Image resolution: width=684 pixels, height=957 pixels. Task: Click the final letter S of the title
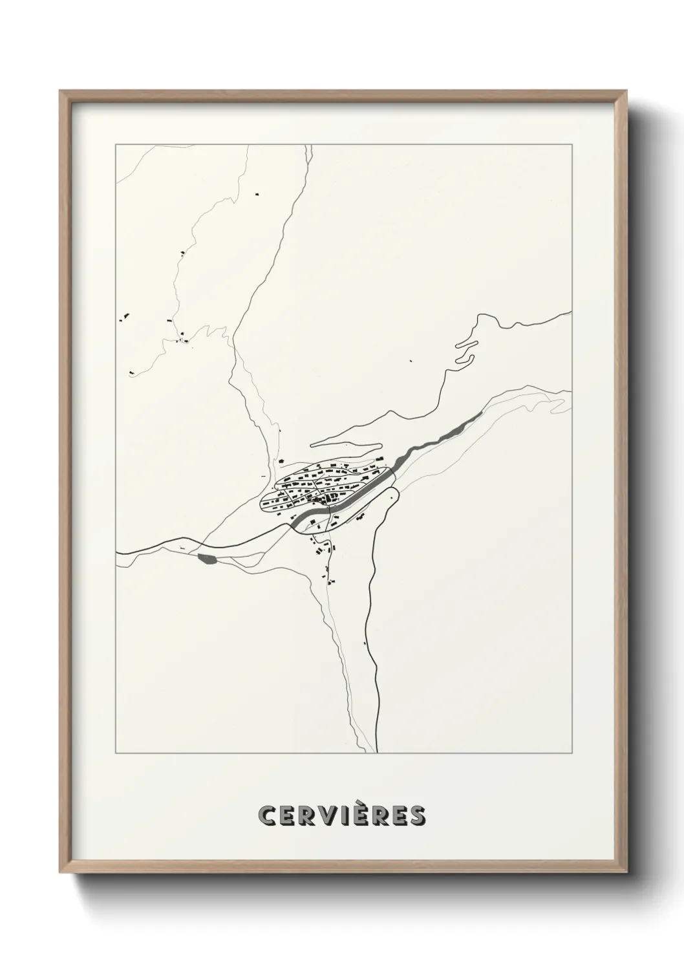point(416,815)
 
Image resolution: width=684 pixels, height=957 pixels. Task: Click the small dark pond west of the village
point(208,559)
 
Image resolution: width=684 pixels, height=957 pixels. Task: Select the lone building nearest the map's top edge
point(256,193)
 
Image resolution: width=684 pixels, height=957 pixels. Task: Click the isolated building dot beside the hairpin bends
point(411,361)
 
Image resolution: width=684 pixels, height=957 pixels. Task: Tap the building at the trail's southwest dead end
point(131,372)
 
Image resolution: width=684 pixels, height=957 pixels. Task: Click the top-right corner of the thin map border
point(572,145)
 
